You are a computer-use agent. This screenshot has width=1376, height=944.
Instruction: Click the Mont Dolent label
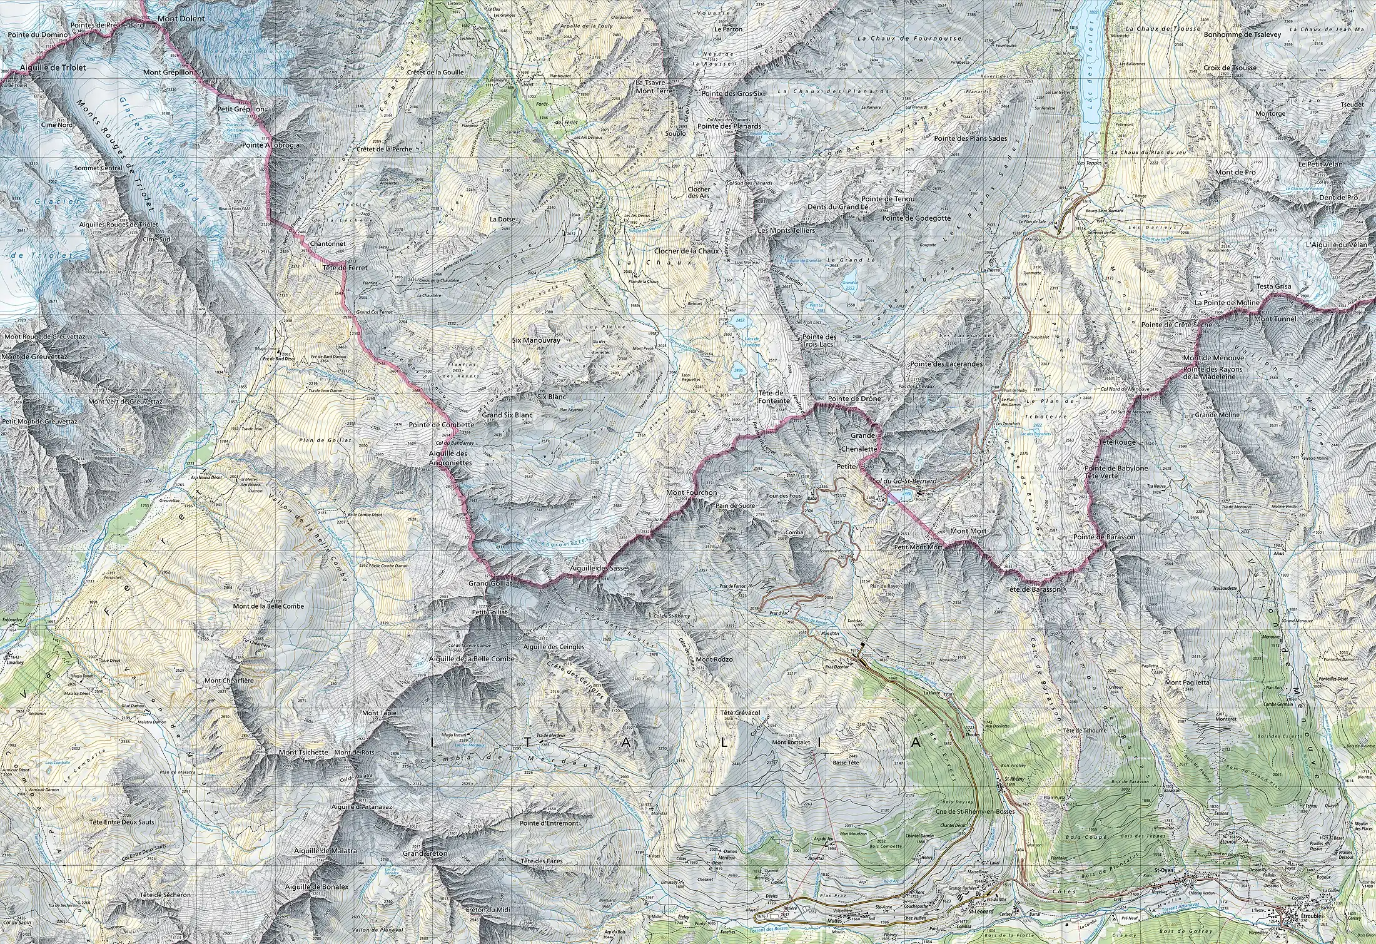pos(181,19)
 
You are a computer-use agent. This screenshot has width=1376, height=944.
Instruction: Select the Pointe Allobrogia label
pos(271,145)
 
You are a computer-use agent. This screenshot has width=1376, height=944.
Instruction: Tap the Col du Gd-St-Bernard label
pos(904,480)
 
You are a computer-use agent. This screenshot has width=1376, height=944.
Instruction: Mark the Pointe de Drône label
pos(854,398)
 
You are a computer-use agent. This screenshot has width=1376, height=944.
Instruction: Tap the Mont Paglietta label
pos(1187,683)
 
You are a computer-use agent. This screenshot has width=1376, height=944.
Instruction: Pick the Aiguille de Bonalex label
pos(316,887)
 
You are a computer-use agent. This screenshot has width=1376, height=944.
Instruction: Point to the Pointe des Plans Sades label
pos(971,138)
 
